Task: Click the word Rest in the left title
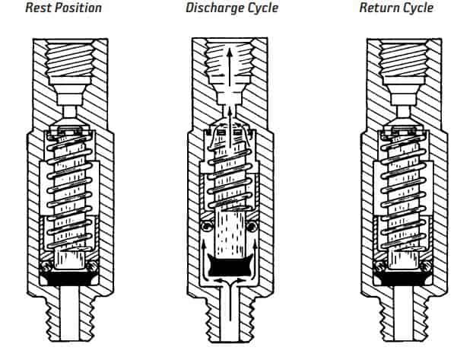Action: (37, 8)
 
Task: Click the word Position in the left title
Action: (77, 8)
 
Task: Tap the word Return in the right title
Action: (381, 8)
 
